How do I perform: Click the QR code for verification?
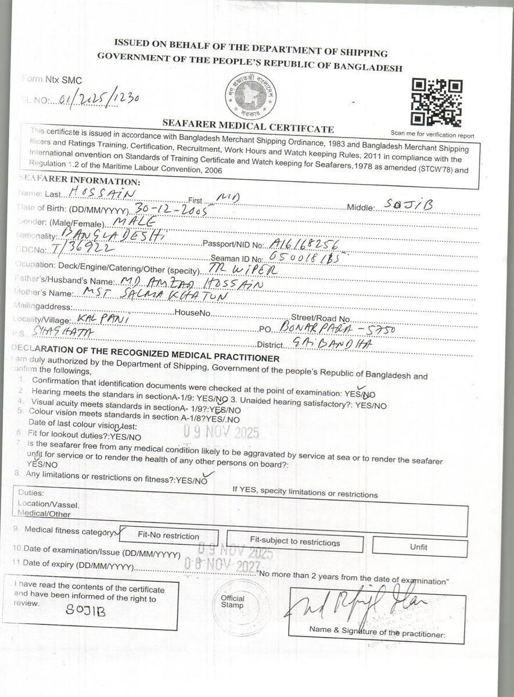437,103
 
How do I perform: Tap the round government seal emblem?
250,96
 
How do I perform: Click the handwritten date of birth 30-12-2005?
171,210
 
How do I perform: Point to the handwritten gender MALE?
135,222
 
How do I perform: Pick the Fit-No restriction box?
168,536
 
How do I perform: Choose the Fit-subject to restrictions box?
294,541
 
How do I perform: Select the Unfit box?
419,547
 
